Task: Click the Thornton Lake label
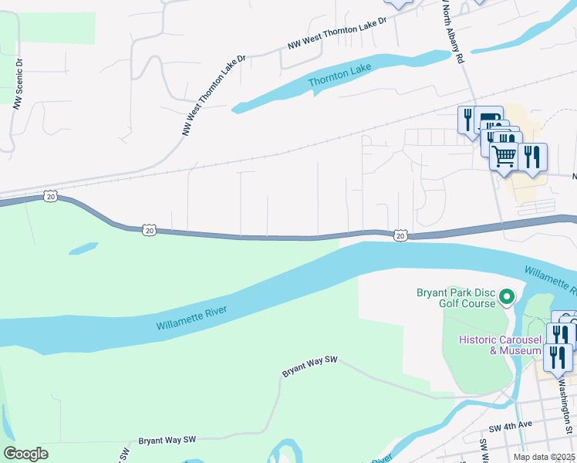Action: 339,75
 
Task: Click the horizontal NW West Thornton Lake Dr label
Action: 336,35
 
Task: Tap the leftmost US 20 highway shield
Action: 50,197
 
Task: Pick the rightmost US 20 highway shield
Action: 400,235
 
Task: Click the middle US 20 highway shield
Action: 149,230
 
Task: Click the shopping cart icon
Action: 504,156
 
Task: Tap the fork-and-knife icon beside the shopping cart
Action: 532,157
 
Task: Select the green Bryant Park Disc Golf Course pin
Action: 507,296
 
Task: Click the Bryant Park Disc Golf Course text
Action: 455,298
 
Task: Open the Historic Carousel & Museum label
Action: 500,345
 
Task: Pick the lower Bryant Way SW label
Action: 167,440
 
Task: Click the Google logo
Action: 25,454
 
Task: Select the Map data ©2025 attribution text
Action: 545,457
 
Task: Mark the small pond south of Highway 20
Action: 83,248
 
